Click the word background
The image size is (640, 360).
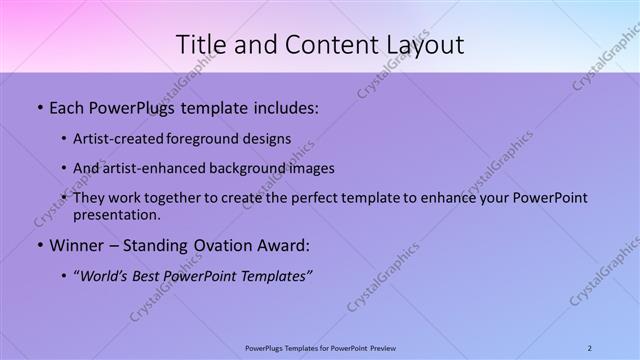[x=248, y=169]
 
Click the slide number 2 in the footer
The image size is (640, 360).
[x=590, y=347]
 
